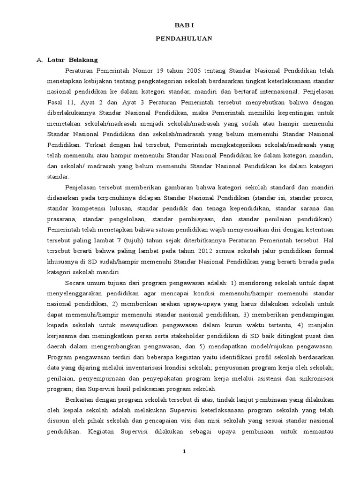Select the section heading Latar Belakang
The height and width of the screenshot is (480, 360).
pos(72,60)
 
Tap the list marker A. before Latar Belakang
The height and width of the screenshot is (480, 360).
pos(40,60)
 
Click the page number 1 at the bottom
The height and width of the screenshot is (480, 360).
pos(184,451)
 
